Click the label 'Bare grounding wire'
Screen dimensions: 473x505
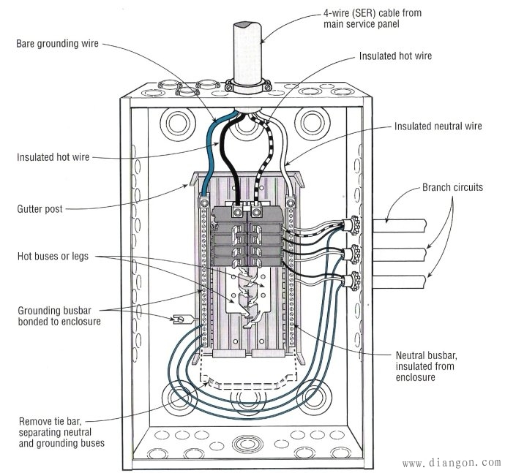pyautogui.click(x=57, y=43)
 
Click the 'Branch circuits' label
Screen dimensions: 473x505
pyautogui.click(x=452, y=187)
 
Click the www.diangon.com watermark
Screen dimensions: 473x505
pyautogui.click(x=451, y=462)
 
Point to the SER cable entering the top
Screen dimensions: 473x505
pyautogui.click(x=246, y=51)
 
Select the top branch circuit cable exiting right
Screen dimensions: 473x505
pyautogui.click(x=395, y=222)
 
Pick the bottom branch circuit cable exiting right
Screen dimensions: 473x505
pyautogui.click(x=395, y=282)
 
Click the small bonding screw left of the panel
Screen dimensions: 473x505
pyautogui.click(x=178, y=319)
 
